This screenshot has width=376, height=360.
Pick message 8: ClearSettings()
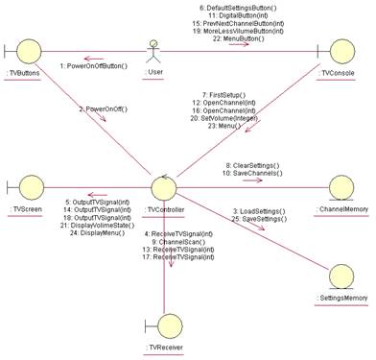[253, 163]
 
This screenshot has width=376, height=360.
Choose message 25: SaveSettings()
[261, 219]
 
